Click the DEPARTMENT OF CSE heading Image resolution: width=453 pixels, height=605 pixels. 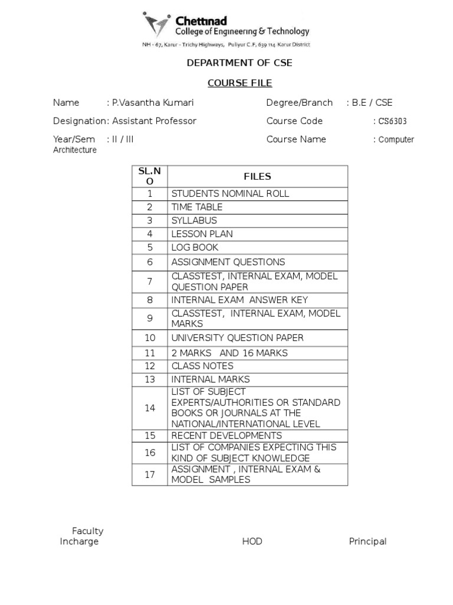[x=239, y=63]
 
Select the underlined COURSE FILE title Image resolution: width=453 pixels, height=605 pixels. [x=238, y=83]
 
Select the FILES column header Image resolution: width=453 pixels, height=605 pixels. [x=257, y=176]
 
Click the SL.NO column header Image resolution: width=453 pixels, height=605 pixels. [x=150, y=176]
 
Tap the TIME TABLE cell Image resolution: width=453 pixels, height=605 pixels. [x=197, y=207]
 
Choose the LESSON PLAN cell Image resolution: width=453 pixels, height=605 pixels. [x=201, y=233]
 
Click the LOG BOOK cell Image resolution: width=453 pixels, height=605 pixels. [x=195, y=247]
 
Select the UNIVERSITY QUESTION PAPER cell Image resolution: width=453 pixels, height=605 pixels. [x=237, y=337]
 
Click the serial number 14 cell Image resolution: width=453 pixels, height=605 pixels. [x=150, y=408]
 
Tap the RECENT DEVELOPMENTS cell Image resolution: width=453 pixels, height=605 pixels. [x=226, y=435]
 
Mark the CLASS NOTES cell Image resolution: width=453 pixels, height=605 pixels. [x=202, y=366]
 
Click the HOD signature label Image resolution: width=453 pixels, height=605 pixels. [x=252, y=541]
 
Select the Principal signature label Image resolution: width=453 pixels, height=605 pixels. [x=367, y=541]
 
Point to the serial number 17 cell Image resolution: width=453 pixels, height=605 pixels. [x=150, y=474]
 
